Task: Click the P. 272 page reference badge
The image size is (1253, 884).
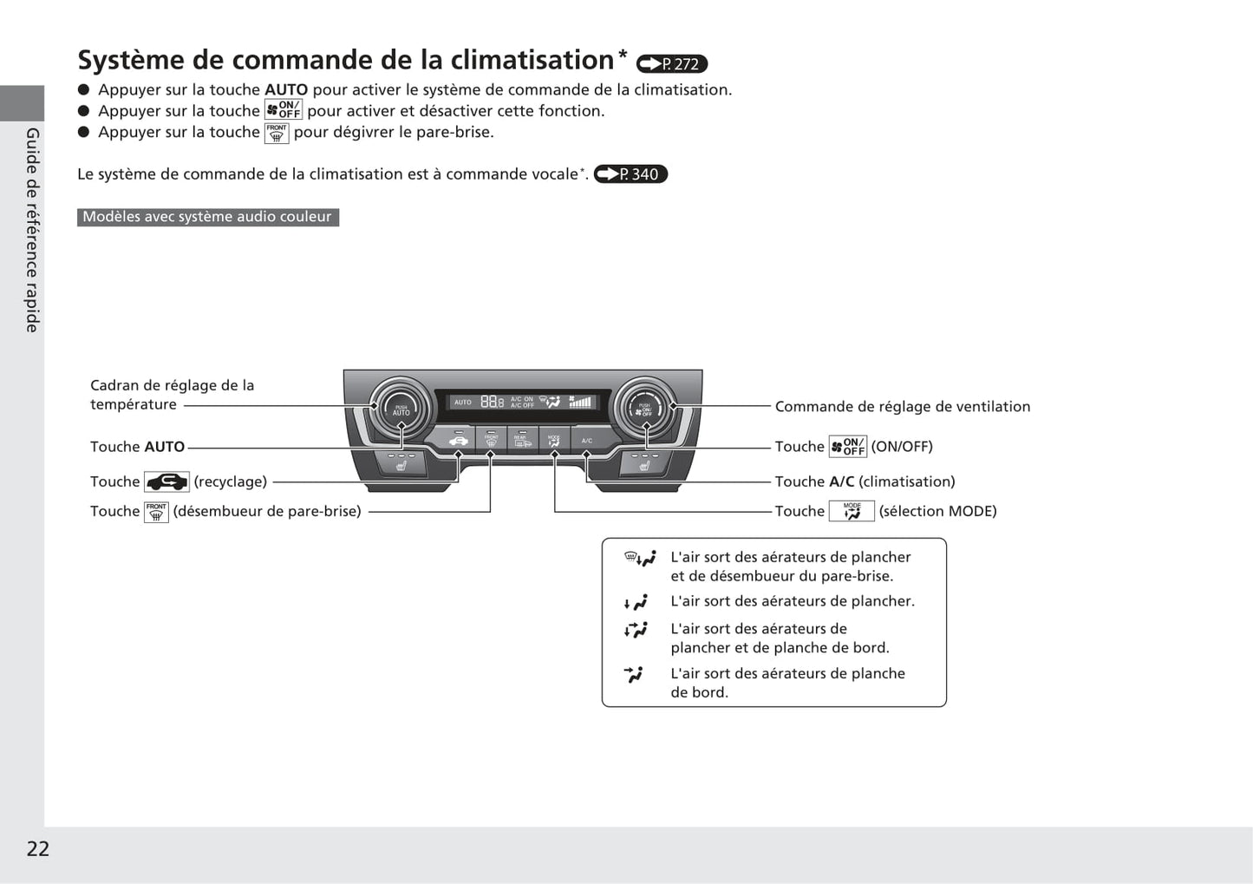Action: tap(672, 64)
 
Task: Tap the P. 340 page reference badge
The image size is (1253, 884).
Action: tap(630, 174)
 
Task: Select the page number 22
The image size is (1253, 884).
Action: tap(38, 848)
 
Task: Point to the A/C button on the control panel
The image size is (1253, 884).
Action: tap(587, 440)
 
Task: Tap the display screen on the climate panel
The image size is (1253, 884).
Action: tap(522, 402)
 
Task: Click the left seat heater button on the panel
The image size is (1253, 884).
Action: tap(401, 464)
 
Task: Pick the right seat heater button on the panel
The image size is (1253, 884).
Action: tap(645, 464)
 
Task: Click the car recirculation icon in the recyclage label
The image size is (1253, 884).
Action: tap(166, 482)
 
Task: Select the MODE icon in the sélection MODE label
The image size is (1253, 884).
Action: tap(852, 512)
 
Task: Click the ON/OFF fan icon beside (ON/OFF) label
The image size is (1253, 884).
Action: tap(847, 447)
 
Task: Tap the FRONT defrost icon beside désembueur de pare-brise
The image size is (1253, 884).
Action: tap(156, 512)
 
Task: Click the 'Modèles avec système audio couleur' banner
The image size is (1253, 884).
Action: tap(207, 217)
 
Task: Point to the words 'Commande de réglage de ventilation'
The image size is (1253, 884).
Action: tap(902, 406)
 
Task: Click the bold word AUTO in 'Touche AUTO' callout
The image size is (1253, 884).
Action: tap(165, 447)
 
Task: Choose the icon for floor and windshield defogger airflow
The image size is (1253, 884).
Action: tap(640, 559)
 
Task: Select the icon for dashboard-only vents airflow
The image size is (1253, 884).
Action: tap(634, 674)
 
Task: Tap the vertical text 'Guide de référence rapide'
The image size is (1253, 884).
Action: tap(32, 230)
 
